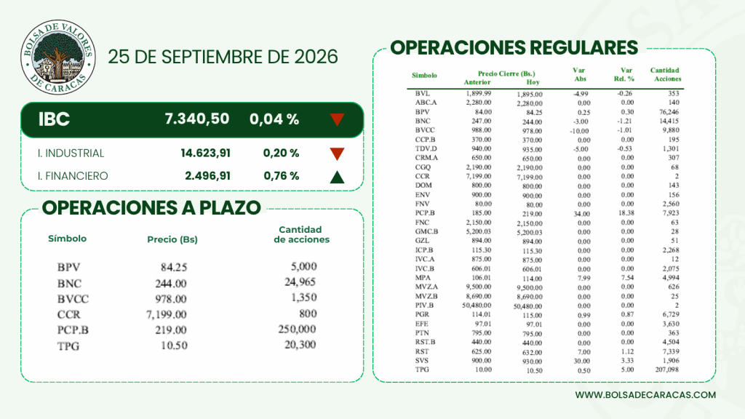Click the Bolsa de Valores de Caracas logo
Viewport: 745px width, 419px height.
(58, 57)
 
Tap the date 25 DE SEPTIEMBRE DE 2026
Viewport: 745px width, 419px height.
(223, 57)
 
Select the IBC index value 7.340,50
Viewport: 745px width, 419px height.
(196, 119)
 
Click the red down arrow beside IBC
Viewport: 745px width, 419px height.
(337, 119)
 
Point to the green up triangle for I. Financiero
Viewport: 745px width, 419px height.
(337, 177)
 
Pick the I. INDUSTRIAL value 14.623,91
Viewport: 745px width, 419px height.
(205, 153)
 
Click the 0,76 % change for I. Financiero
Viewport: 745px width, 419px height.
(282, 176)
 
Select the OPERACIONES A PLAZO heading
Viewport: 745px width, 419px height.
(151, 207)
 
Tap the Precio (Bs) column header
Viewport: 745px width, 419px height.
(172, 239)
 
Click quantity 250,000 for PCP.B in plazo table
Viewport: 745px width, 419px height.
(297, 329)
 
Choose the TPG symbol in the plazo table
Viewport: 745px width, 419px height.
(68, 346)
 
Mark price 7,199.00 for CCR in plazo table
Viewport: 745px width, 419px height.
(167, 314)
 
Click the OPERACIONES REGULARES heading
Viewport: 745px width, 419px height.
(514, 48)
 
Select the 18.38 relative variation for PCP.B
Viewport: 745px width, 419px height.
(626, 213)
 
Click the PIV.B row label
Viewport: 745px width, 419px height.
(424, 306)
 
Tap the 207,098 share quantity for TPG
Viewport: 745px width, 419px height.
(667, 370)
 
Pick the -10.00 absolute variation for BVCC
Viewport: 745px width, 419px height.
(580, 131)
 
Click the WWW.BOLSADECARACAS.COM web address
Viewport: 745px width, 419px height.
(645, 395)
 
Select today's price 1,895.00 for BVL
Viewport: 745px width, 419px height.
(530, 95)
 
